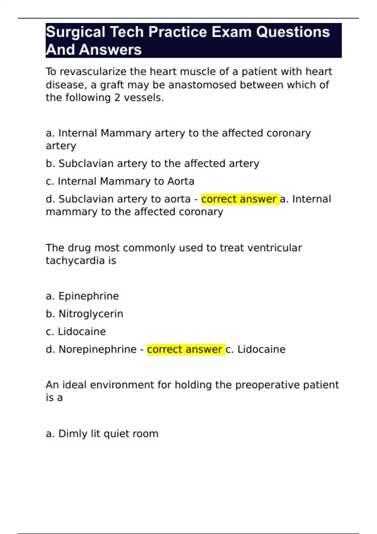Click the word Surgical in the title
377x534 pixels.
75,32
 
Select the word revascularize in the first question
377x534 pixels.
93,72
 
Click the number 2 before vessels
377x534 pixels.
117,98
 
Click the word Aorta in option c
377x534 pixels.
181,181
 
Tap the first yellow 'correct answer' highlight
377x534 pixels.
240,199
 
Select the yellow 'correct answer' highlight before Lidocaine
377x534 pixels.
186,349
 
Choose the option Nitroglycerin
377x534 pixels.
91,314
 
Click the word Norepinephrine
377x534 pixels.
97,349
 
